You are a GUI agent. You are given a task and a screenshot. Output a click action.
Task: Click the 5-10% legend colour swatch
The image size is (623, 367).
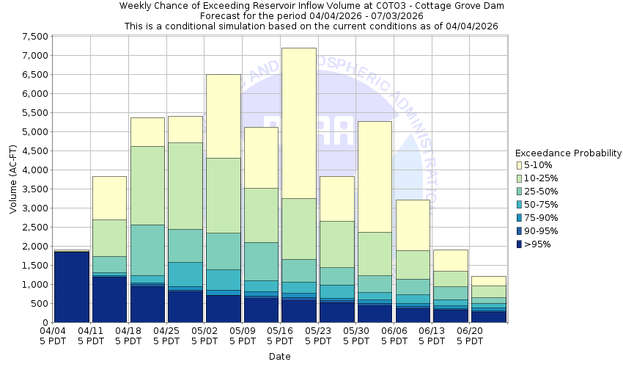coord(520,165)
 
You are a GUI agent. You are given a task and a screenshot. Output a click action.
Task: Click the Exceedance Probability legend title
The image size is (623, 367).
coord(568,153)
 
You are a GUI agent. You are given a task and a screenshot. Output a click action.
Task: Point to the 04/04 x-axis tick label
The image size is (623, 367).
coord(53,331)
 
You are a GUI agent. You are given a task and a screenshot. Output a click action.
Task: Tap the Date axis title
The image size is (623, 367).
coord(279,357)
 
